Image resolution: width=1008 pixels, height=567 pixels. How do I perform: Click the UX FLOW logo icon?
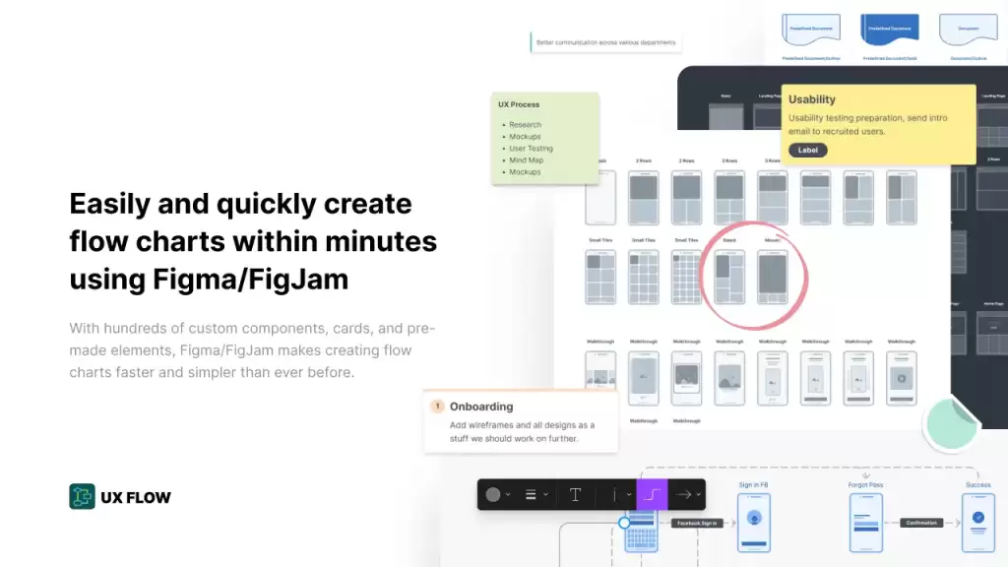point(82,497)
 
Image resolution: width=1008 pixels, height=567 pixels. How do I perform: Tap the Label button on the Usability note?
point(807,151)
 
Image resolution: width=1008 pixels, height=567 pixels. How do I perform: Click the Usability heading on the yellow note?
point(812,99)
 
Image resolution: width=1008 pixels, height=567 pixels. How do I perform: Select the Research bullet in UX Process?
point(525,125)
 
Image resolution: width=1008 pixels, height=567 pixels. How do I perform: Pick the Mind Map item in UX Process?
point(526,160)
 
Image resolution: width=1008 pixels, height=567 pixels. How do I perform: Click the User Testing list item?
point(531,149)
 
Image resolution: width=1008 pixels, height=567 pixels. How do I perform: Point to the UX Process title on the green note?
point(519,104)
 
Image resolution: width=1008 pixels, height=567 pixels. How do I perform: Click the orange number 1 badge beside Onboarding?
point(437,406)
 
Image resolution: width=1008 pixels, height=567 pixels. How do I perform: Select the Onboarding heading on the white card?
point(481,407)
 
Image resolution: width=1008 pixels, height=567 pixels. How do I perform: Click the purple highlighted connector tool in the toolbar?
point(652,494)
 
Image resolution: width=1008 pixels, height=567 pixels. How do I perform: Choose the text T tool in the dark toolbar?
point(576,494)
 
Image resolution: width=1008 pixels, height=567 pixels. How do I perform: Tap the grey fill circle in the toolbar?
point(493,494)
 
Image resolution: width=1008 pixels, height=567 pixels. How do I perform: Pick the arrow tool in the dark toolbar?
point(683,494)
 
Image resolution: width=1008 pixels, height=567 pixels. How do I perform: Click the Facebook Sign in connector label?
point(698,523)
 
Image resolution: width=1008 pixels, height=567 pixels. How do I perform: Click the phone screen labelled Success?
point(977,522)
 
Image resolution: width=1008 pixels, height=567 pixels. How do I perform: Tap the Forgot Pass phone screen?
point(865,522)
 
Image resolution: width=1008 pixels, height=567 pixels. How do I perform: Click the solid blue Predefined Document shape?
point(890,30)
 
